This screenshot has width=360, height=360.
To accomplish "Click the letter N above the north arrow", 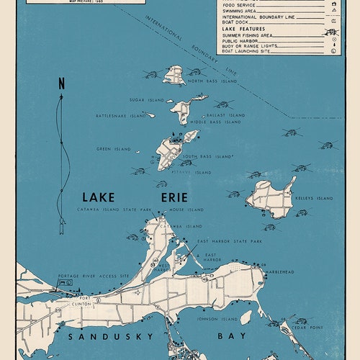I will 61,83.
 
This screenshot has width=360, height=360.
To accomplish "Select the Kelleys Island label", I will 315,198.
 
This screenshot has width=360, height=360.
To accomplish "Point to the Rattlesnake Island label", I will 121,115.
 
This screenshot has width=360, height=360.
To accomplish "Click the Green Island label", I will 114,149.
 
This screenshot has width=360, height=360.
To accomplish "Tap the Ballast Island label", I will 225,114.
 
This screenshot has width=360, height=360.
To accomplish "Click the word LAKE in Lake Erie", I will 99,197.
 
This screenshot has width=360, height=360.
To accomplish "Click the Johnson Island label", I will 217,318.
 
